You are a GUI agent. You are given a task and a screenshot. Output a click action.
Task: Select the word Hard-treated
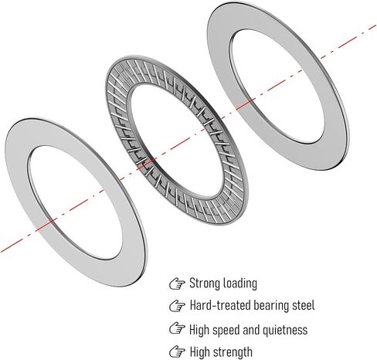point(220,305)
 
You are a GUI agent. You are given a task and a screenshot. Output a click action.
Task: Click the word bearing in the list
point(271,306)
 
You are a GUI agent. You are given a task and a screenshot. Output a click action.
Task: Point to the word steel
point(304,305)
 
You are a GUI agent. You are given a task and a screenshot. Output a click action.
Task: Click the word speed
point(225,331)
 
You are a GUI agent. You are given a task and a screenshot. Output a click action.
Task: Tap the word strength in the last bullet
point(233,352)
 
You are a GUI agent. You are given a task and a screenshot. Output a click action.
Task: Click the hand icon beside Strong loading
point(177,284)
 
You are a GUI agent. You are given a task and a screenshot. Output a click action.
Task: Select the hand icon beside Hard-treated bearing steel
point(177,306)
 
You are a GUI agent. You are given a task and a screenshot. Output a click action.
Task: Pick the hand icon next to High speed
point(177,328)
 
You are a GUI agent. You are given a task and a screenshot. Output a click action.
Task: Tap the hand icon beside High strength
point(177,352)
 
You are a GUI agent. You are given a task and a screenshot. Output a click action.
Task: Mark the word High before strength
point(199,352)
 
